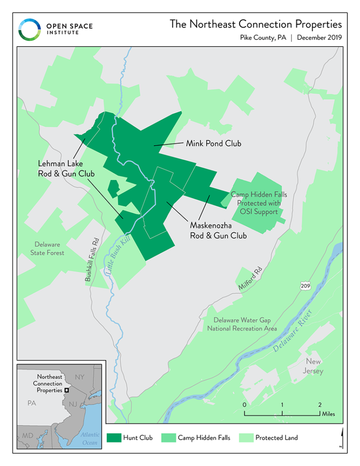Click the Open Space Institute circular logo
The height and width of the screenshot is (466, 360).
29,30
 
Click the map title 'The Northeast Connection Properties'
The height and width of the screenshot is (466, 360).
255,24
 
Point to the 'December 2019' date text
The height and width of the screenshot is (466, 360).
319,38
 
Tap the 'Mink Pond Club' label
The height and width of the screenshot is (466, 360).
213,143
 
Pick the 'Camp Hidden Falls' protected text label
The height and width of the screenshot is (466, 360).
259,203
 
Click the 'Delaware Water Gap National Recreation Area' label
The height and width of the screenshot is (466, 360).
242,324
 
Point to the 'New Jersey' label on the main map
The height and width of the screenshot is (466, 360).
314,366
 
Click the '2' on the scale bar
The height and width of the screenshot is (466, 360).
319,404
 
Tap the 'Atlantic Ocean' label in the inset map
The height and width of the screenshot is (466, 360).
89,439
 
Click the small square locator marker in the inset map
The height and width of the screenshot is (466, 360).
67,390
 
